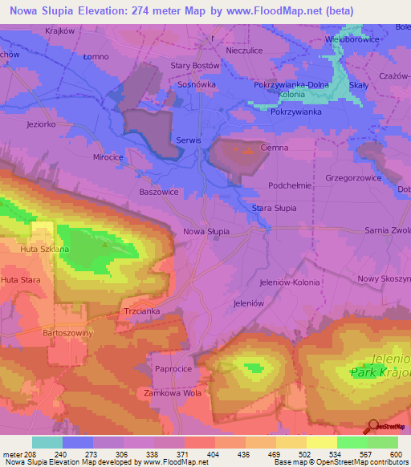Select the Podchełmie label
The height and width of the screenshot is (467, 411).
coord(290,185)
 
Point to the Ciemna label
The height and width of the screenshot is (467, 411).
coord(275,148)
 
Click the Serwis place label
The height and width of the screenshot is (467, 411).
coord(188,140)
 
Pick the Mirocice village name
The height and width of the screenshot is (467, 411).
coord(108,158)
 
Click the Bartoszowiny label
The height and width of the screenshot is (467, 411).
coord(67,331)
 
